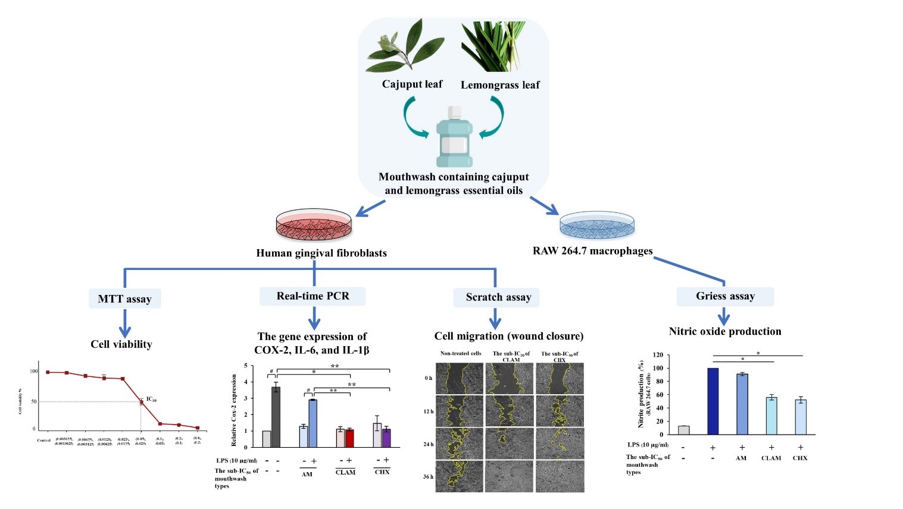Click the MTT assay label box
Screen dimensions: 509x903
click(x=124, y=299)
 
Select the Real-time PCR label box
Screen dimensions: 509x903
click(x=313, y=296)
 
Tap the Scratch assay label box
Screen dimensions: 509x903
click(x=498, y=297)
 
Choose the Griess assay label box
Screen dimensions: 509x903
click(x=725, y=296)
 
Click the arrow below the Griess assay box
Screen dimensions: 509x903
click(x=724, y=315)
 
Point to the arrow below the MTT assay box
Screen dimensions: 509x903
click(x=124, y=324)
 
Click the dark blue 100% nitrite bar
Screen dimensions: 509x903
click(x=713, y=401)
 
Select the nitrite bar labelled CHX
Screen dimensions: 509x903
click(x=801, y=417)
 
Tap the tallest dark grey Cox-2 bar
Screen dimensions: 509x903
click(x=276, y=417)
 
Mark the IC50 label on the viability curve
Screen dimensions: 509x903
click(x=151, y=400)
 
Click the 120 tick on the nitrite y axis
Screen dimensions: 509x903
click(x=658, y=355)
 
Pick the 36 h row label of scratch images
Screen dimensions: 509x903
click(x=429, y=477)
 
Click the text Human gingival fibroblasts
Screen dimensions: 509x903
click(x=321, y=253)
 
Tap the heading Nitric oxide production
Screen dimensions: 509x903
click(x=725, y=332)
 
